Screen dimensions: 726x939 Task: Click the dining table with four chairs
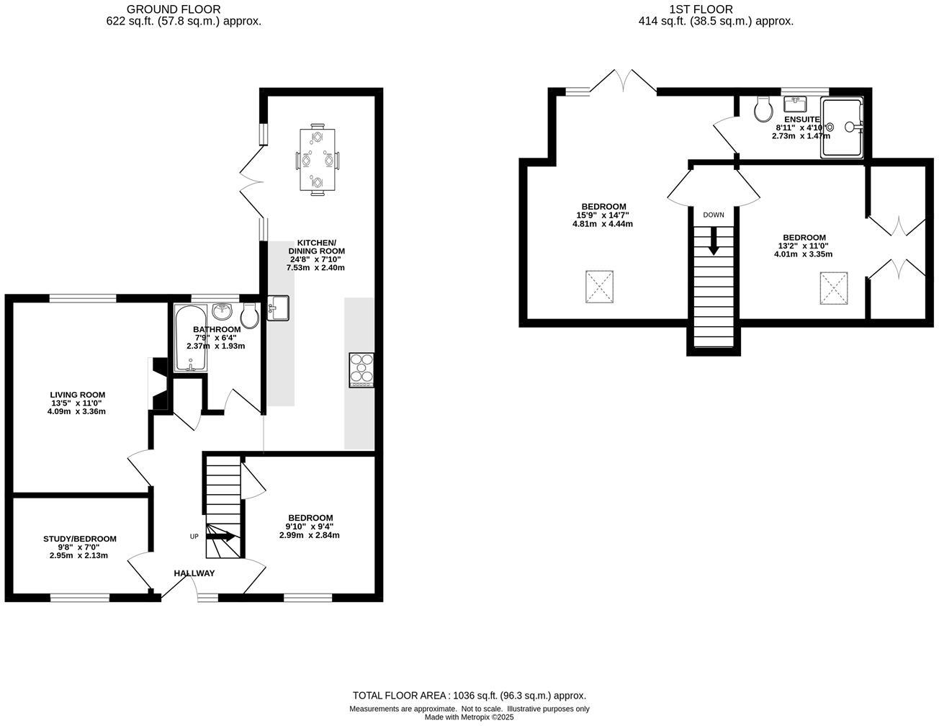(x=317, y=160)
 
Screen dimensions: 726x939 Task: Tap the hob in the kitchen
(x=361, y=369)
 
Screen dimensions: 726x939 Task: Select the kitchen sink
(x=277, y=308)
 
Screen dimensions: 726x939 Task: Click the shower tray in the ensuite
(x=843, y=127)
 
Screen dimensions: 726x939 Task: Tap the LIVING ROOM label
(x=77, y=395)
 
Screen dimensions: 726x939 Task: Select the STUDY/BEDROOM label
(x=79, y=539)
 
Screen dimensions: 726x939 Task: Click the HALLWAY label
(x=194, y=573)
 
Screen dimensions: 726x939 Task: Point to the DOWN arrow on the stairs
(x=714, y=241)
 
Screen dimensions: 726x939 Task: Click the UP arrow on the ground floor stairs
(x=221, y=536)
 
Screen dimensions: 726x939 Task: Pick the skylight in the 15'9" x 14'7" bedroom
(x=600, y=287)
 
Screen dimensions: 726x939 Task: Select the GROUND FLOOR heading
(x=174, y=9)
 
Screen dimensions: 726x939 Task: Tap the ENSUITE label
(x=801, y=120)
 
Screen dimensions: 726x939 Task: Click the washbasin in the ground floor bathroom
(x=223, y=312)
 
